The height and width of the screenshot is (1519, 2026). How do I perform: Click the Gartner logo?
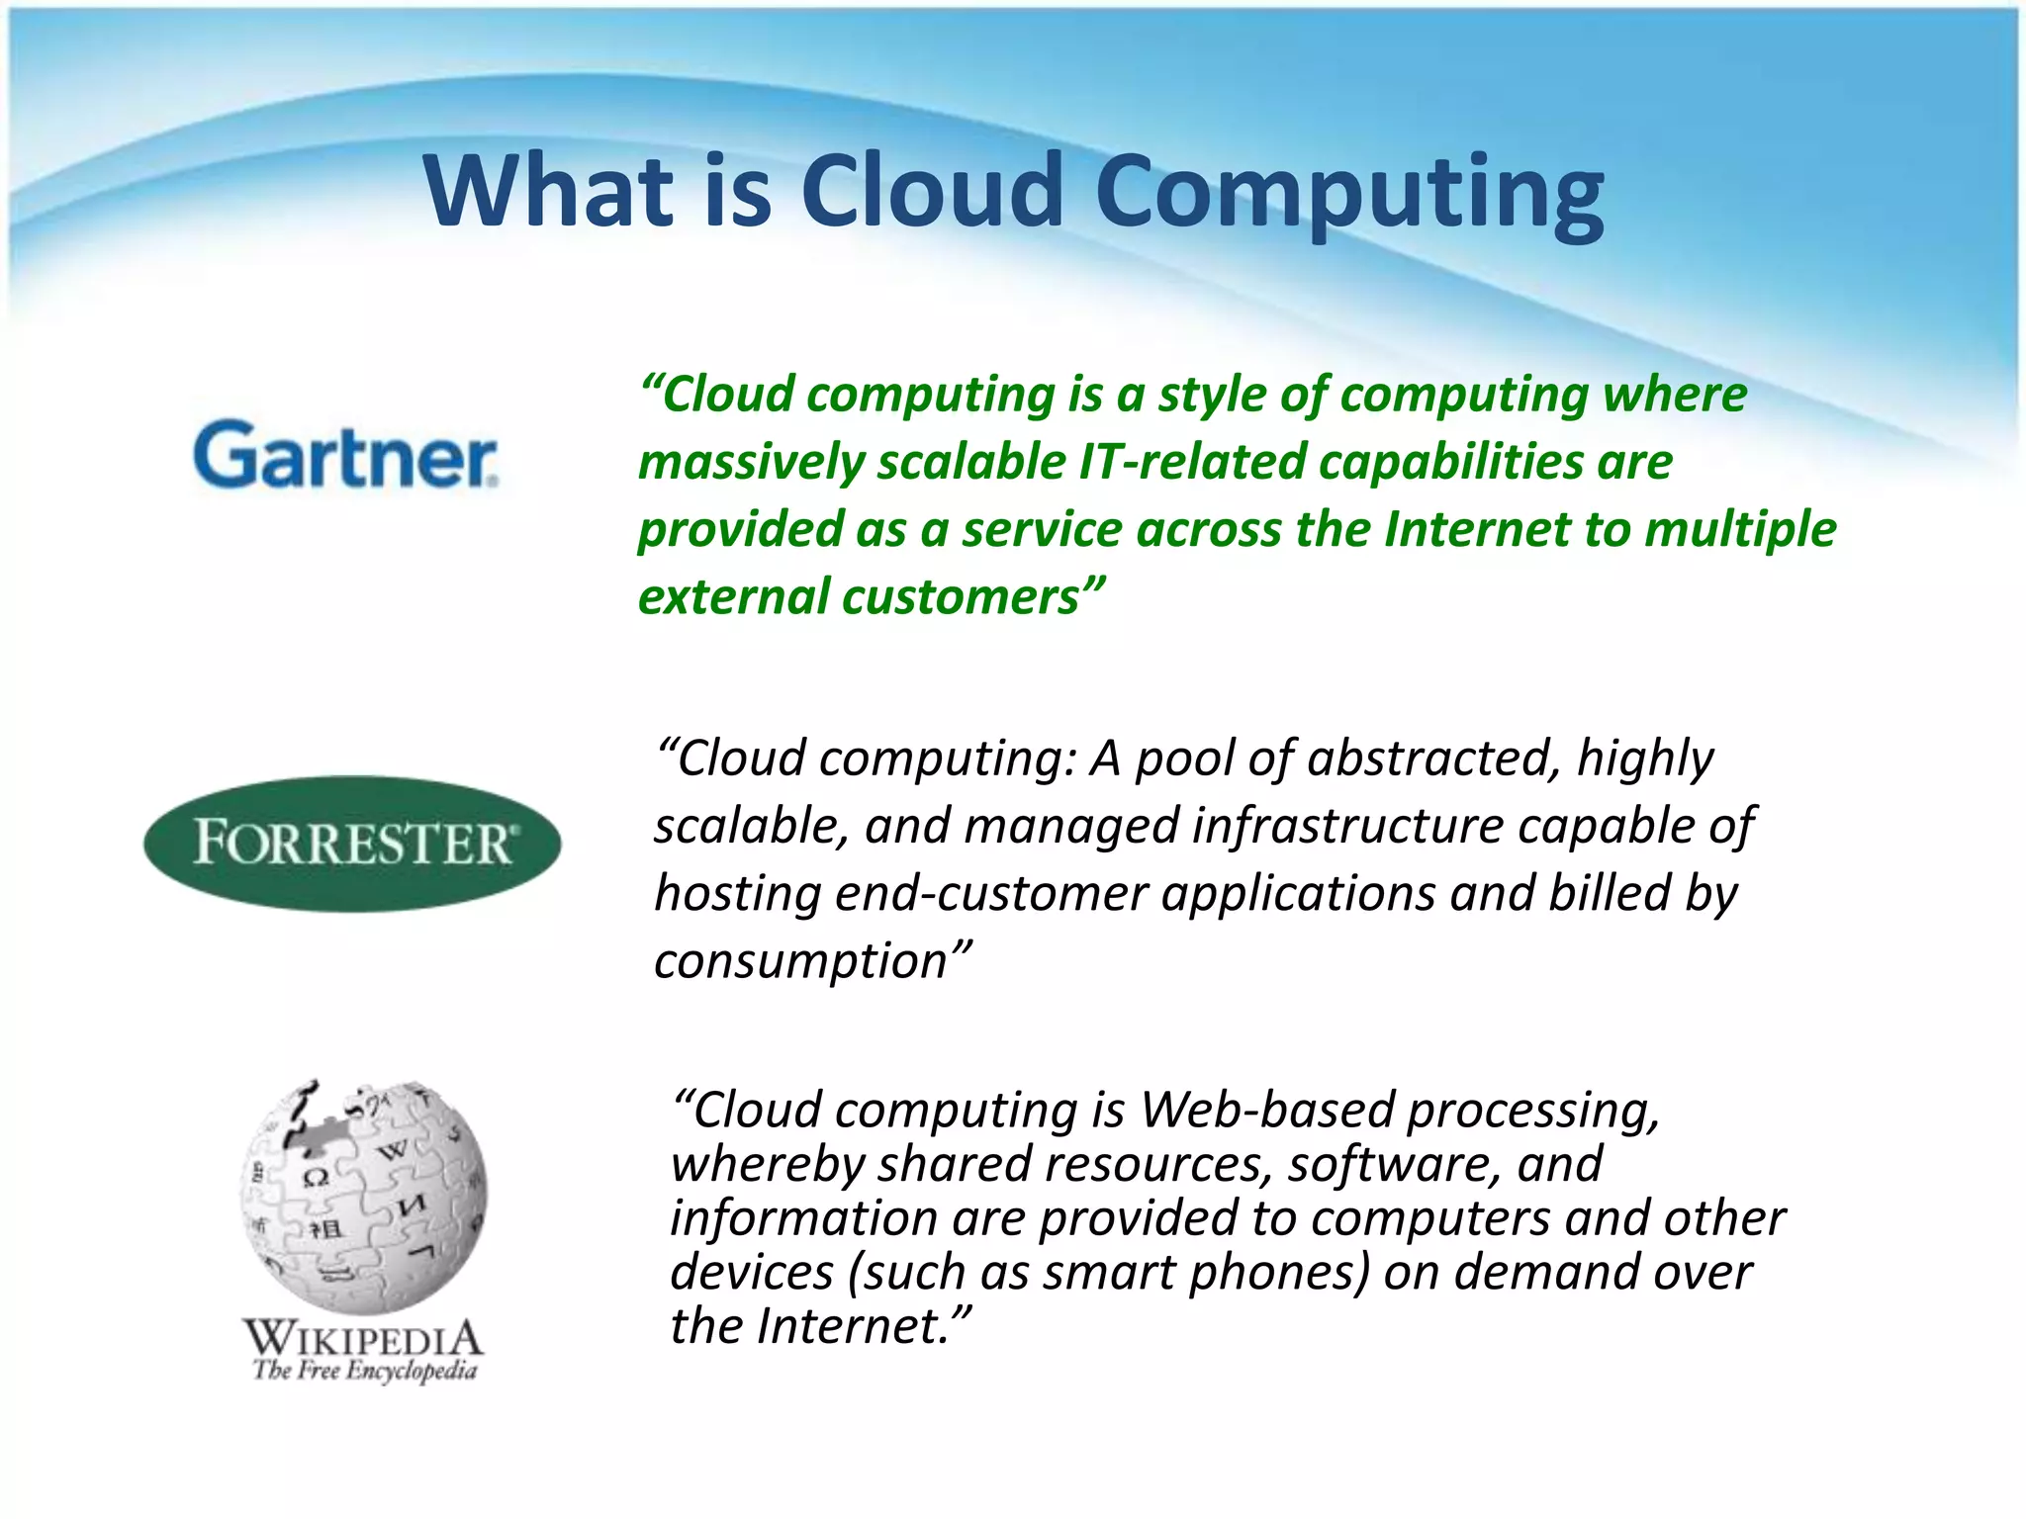345,454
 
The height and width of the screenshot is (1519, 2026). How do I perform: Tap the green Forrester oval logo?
352,844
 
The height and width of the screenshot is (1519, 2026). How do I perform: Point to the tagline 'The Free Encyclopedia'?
364,1371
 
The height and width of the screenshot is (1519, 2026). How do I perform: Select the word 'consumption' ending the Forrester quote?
800,961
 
